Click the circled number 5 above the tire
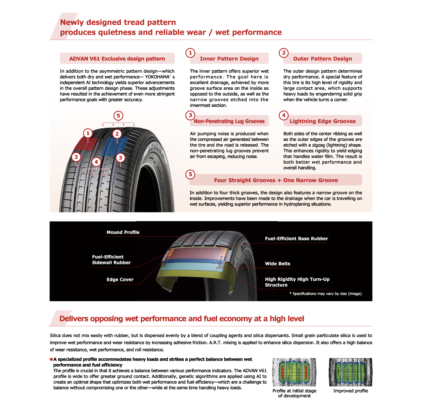[118, 116]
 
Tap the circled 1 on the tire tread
[88, 133]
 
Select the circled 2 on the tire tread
[117, 134]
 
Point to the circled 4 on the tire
[96, 162]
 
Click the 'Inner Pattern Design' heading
[229, 59]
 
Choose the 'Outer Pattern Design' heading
[322, 59]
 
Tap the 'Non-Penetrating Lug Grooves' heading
[229, 121]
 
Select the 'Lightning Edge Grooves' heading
[322, 121]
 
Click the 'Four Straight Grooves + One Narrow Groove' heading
[276, 180]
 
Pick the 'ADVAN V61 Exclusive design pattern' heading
[117, 59]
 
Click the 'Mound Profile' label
[123, 232]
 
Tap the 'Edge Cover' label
[120, 279]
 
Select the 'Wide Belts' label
[278, 264]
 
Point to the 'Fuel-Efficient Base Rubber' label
[296, 239]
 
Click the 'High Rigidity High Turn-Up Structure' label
[297, 282]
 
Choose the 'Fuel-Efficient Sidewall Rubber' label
[111, 260]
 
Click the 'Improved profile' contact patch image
[350, 372]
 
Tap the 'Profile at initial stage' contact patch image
[294, 372]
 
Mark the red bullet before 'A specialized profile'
[51, 359]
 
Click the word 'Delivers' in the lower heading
[74, 319]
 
